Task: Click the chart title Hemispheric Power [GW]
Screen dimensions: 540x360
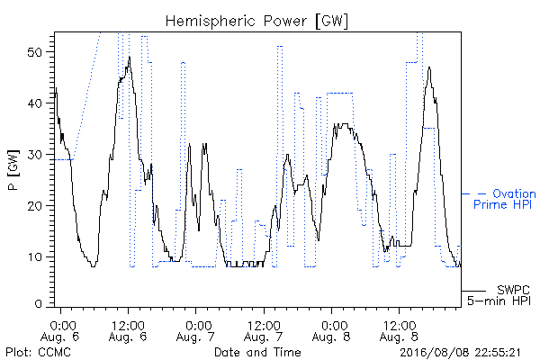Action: (256, 22)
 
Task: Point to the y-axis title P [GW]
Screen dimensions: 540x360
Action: (13, 170)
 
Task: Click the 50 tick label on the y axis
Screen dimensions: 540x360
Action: (35, 52)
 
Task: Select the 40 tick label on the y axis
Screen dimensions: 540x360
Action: (35, 103)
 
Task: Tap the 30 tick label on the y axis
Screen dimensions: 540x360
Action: (35, 155)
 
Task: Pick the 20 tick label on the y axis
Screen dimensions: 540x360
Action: (35, 206)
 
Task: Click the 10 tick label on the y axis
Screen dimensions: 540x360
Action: (35, 257)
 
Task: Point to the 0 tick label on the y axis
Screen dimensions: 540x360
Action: (39, 304)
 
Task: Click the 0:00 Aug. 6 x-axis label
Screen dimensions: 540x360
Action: (60, 330)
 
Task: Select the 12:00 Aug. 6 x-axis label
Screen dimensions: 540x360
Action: (128, 330)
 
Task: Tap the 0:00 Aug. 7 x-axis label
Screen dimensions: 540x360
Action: (195, 330)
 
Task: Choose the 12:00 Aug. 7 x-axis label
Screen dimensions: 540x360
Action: (264, 330)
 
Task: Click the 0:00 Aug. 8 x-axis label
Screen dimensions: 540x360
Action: (331, 330)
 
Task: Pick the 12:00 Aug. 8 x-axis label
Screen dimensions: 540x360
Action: (400, 330)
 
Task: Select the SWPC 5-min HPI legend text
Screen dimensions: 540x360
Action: (499, 295)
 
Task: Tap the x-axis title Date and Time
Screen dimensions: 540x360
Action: (257, 352)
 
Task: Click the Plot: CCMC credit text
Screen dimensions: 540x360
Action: (38, 352)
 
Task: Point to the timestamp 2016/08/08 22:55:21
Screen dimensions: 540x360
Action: (461, 353)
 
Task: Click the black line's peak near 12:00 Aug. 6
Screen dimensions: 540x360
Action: (130, 57)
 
